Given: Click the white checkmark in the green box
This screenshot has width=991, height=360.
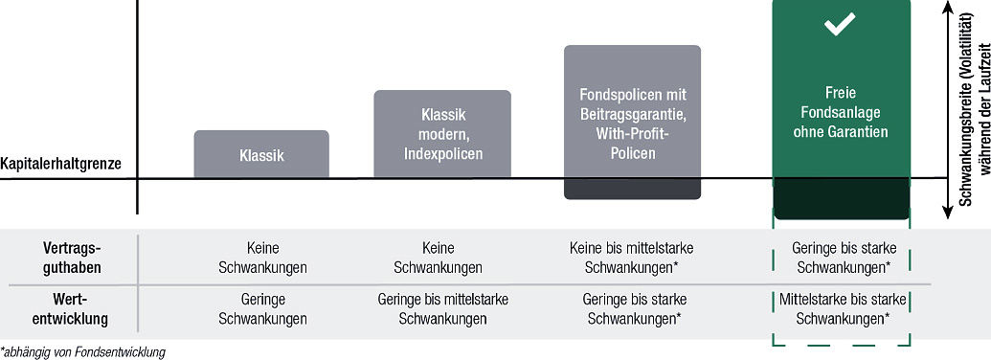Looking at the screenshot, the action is tap(840, 25).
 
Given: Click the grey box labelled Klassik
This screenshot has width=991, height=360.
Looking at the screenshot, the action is tap(261, 154).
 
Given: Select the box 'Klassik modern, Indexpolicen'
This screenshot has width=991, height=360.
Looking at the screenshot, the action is tap(442, 134).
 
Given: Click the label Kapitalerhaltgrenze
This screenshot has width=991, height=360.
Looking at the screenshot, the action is tap(60, 165).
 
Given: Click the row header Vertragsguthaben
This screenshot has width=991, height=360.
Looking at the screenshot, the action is tap(72, 258).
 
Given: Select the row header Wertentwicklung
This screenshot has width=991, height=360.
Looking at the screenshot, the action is tap(72, 309).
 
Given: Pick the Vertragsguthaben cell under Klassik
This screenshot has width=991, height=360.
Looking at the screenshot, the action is tap(262, 258).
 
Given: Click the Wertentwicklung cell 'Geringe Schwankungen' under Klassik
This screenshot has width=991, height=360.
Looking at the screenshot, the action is tap(262, 309).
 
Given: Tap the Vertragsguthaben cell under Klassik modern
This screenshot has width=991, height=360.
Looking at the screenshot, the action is tap(438, 258).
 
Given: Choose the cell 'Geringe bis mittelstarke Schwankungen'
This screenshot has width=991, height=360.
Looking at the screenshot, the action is tap(442, 309).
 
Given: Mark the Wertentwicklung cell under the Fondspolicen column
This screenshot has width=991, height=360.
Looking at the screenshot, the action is tap(634, 309).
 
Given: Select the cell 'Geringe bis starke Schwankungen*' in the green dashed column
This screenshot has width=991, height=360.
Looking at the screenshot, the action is tap(844, 258).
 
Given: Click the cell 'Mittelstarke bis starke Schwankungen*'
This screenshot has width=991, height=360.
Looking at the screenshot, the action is tap(844, 309).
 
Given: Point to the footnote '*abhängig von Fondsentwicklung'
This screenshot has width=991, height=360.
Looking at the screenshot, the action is tap(82, 352).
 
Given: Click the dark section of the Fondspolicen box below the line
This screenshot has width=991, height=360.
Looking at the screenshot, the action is tap(633, 189).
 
